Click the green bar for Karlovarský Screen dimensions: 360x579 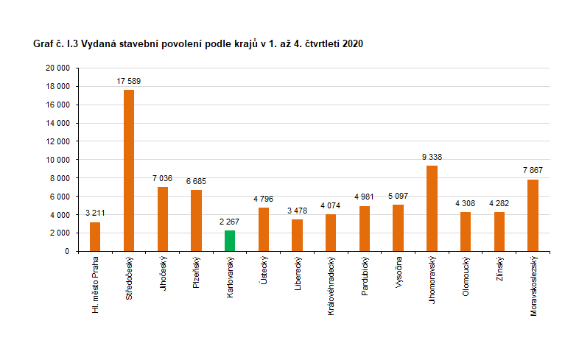point(230,241)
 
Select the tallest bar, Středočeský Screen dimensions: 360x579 point(129,170)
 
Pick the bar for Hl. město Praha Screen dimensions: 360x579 point(95,236)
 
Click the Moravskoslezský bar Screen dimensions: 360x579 point(533,215)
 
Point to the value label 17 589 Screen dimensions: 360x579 point(129,80)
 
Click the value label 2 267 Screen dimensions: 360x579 point(230,222)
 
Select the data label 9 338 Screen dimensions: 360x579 point(432,157)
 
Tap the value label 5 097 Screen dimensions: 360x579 point(398,196)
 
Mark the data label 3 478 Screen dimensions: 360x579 point(297,211)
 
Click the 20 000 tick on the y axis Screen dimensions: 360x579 point(57,68)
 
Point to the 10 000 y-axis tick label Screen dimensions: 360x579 point(57,160)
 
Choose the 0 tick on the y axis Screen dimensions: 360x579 point(67,252)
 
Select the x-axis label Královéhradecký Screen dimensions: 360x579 point(331,286)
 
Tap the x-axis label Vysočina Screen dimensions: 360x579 point(399,272)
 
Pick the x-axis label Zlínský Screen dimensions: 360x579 point(499,269)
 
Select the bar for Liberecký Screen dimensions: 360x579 point(297,235)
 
